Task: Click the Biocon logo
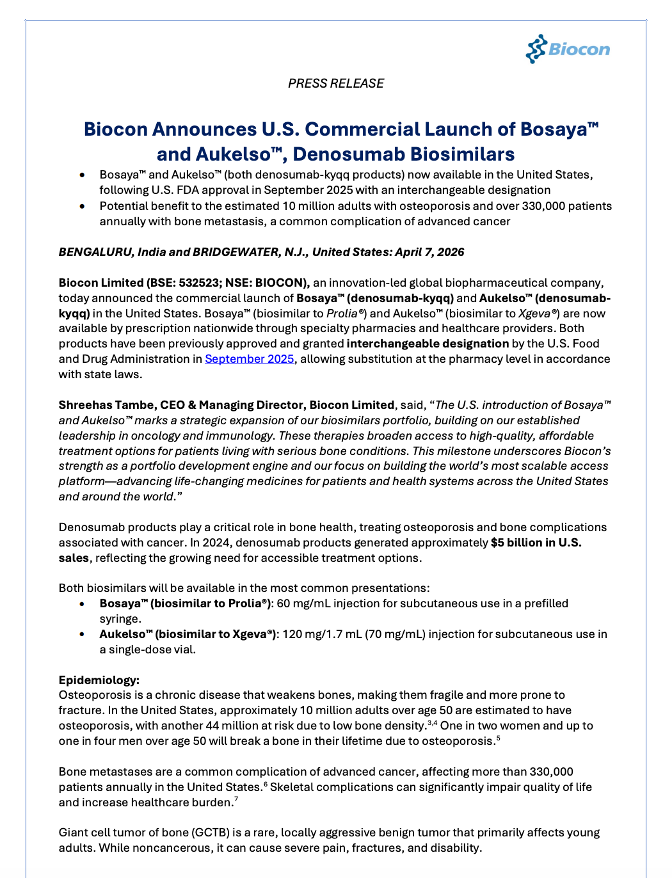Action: coord(568,49)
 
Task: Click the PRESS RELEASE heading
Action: coord(336,83)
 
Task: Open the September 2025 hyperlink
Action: coord(249,359)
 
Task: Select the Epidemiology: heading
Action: coord(99,680)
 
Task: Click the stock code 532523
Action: coord(199,283)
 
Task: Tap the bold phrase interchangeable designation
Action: coord(428,344)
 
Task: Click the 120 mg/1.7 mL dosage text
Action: coord(322,634)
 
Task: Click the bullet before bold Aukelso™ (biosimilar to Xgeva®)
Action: coord(82,634)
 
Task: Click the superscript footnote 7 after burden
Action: coord(236,799)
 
